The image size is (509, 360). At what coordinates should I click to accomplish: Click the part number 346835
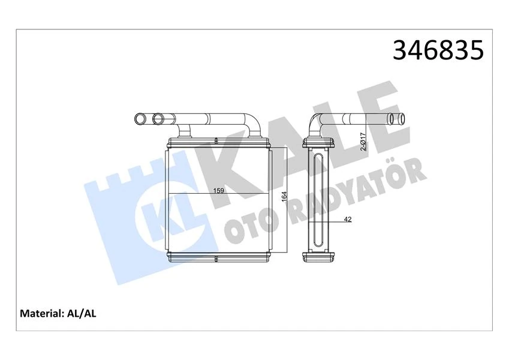click(x=437, y=51)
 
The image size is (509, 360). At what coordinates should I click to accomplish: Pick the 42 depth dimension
click(x=348, y=220)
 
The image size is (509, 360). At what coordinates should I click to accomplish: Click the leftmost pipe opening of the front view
click(x=140, y=118)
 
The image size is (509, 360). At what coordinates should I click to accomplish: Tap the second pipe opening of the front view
click(x=158, y=118)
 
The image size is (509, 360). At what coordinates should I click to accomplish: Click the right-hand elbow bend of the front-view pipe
click(x=254, y=123)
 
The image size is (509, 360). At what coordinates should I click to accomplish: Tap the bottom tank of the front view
click(x=218, y=258)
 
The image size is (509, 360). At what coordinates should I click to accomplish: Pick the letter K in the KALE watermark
click(x=240, y=162)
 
